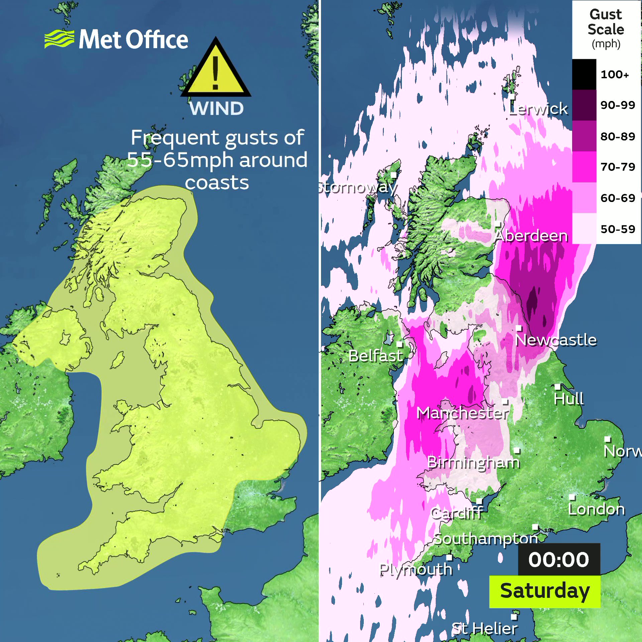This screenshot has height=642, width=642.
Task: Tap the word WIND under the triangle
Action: tap(216, 109)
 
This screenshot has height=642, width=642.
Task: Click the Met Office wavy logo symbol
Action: tap(59, 39)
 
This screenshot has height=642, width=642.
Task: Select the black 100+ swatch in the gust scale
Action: tap(584, 74)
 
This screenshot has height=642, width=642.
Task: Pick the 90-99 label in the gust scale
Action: tap(618, 105)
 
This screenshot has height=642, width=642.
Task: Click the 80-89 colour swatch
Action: tap(584, 136)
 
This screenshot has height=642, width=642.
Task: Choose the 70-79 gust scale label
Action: tap(618, 167)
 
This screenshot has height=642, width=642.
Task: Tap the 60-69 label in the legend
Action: tap(618, 198)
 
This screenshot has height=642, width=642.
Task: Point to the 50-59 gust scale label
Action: tap(618, 229)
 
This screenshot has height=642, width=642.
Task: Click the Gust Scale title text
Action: tap(606, 22)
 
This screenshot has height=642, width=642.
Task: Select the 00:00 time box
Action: tap(559, 560)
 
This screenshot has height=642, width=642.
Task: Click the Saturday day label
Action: tap(545, 591)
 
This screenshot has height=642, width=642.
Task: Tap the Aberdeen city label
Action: tap(531, 236)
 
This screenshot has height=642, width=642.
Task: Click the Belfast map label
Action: tap(376, 356)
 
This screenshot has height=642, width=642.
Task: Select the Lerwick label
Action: tap(538, 109)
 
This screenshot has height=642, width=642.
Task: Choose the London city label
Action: tap(597, 509)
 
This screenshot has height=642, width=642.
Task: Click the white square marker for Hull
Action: tap(557, 387)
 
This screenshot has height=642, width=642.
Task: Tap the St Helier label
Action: tap(484, 629)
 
